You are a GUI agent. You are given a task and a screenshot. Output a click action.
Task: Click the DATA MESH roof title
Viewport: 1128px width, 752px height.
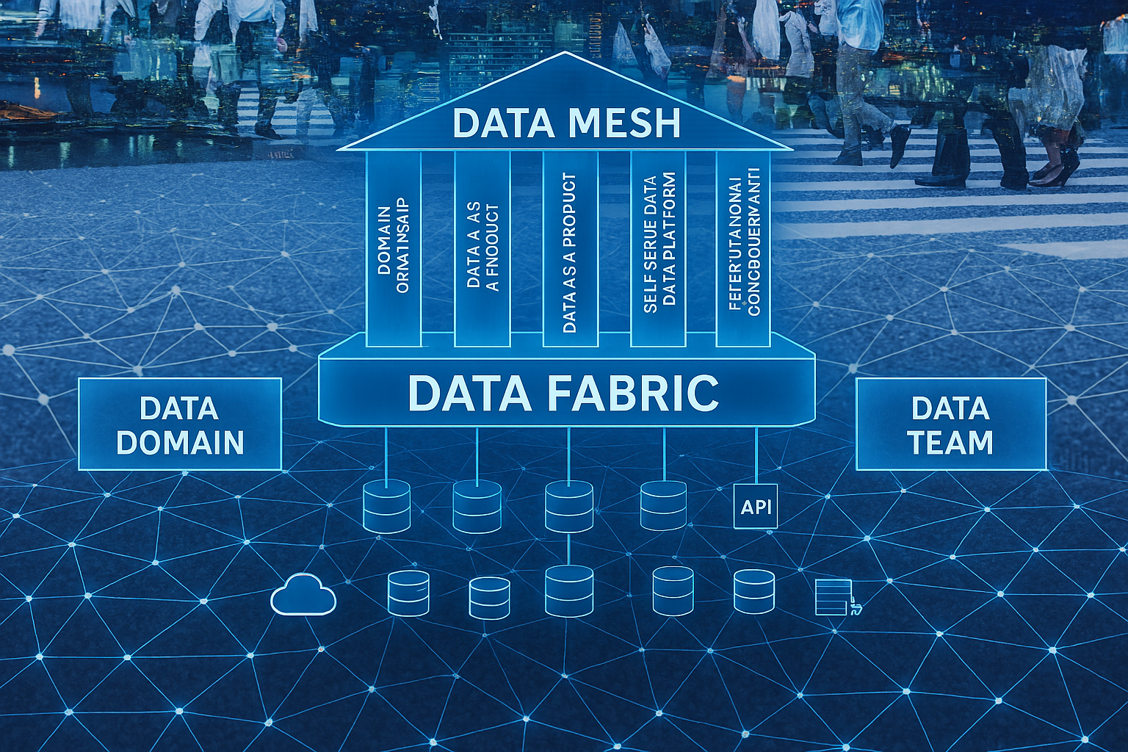[x=566, y=123]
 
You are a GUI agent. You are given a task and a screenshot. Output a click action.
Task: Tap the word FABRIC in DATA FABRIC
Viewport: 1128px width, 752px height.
[x=632, y=393]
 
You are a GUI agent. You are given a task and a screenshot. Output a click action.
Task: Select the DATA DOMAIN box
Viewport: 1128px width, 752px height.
[x=180, y=424]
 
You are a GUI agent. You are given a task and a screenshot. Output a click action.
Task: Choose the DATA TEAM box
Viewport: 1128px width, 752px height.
[x=950, y=424]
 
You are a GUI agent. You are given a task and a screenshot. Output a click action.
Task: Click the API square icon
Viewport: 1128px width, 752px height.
[x=756, y=506]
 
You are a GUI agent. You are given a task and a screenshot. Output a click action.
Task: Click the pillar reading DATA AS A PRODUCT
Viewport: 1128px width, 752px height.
[x=570, y=250]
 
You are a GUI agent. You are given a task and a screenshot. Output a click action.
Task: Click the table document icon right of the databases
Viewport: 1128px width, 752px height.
[x=834, y=596]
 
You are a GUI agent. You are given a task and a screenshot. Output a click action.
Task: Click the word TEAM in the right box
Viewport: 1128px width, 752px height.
[x=950, y=443]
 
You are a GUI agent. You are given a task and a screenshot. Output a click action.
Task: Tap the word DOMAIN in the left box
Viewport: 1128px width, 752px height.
[x=180, y=443]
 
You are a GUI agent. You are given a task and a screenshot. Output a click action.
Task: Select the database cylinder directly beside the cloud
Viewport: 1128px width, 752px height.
[x=408, y=593]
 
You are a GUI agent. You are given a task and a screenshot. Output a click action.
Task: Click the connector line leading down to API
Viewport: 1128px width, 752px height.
[x=756, y=455]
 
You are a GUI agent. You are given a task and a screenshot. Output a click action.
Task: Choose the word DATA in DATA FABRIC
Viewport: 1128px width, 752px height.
[x=469, y=393]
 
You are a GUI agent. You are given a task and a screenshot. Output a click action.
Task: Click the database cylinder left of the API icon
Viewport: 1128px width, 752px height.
[x=663, y=505]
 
